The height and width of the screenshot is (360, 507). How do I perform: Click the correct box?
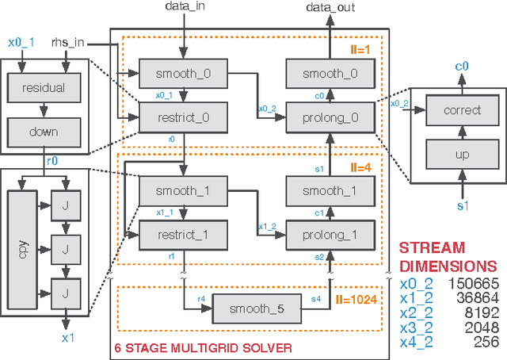(463, 110)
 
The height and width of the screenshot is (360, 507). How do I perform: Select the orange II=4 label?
(363, 167)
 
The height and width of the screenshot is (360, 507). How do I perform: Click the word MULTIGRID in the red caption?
(197, 348)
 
